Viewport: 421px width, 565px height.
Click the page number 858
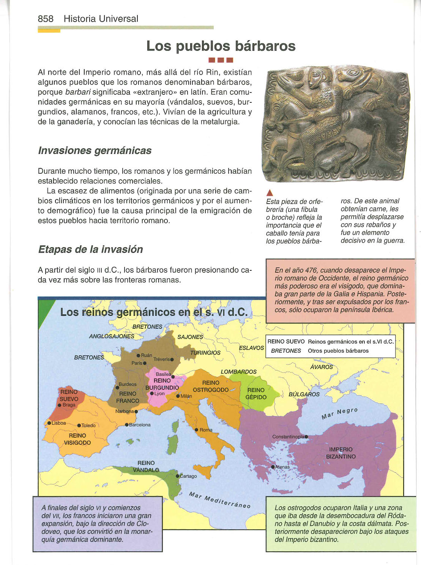tap(46, 19)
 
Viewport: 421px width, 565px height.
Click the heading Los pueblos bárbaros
tap(221, 46)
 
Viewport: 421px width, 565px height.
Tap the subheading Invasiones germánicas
tap(95, 151)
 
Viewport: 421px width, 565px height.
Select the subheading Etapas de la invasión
tap(90, 250)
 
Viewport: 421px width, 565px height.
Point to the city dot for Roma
tap(196, 430)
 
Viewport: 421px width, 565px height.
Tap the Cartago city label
tap(188, 476)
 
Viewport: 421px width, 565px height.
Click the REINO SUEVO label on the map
tap(69, 395)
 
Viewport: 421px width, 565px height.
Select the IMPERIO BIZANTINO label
tap(341, 453)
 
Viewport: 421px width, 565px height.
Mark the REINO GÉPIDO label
tap(256, 393)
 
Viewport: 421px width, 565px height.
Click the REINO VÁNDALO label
tap(146, 466)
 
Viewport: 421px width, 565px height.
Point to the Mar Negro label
tap(340, 413)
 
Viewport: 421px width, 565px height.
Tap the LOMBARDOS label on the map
tap(238, 372)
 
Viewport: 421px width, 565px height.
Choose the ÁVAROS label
tap(321, 367)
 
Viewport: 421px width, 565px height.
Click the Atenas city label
tap(282, 467)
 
